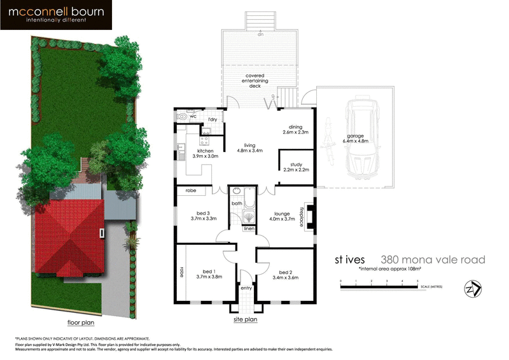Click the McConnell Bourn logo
(57, 15)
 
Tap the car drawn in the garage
(359, 139)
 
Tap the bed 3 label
(203, 215)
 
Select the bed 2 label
(284, 274)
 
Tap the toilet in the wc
(185, 117)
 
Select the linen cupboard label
(249, 228)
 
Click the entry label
(246, 288)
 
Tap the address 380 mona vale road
(433, 260)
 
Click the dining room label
(295, 129)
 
